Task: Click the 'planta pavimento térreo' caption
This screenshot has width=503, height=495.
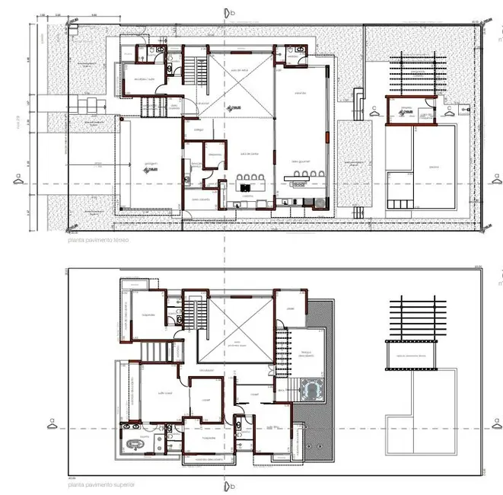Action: point(97,241)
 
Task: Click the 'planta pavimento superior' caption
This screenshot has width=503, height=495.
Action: point(99,484)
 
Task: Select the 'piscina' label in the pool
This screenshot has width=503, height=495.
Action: point(433,166)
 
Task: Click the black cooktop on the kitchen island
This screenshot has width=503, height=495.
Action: point(248,186)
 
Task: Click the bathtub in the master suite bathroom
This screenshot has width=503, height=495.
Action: point(138,445)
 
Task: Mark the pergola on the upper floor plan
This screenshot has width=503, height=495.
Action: point(415,317)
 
